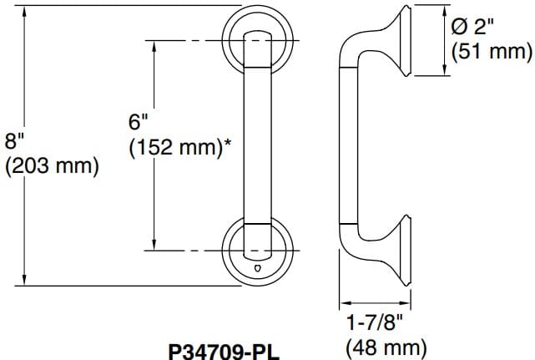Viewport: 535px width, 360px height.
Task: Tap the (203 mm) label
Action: click(x=52, y=166)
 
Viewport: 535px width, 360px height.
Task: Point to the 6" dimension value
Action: click(x=138, y=122)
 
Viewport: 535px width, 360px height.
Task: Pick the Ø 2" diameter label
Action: click(x=472, y=26)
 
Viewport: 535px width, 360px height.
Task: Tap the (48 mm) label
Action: click(x=386, y=346)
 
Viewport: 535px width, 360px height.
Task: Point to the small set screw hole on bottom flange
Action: click(x=257, y=269)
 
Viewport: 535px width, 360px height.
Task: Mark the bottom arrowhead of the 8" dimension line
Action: click(x=26, y=280)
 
